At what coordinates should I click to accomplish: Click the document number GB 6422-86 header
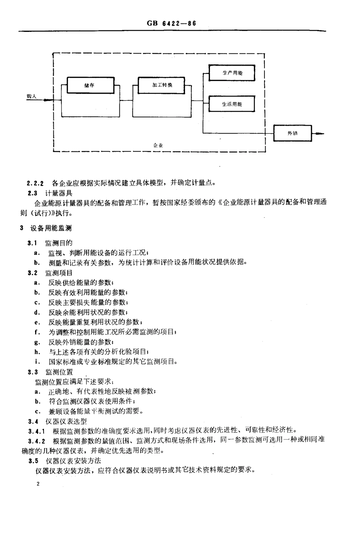(171, 23)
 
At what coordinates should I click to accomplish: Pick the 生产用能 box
(232, 73)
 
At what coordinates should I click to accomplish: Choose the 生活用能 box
(232, 104)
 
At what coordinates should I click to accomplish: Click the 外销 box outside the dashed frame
(293, 133)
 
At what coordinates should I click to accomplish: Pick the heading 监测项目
(59, 273)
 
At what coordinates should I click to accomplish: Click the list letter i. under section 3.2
(36, 361)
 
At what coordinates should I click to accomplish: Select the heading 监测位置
(59, 372)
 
